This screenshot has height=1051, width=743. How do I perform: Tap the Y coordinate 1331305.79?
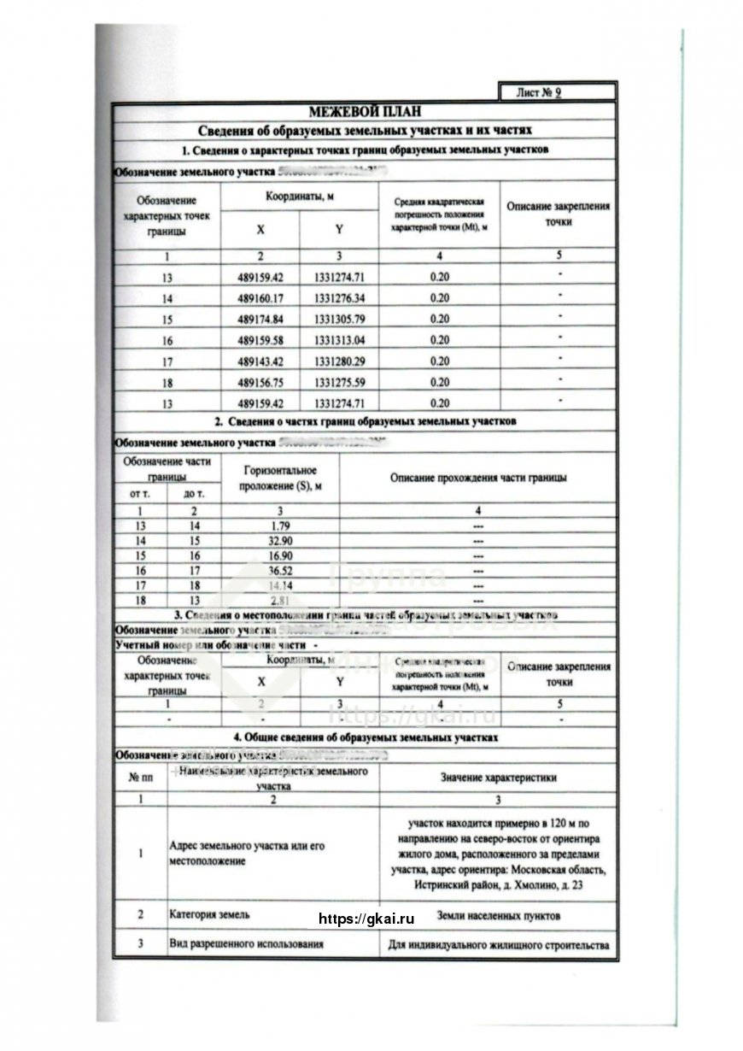[x=339, y=319]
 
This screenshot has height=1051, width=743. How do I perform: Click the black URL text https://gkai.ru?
[x=366, y=919]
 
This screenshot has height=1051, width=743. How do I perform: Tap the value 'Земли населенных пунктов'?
[x=499, y=915]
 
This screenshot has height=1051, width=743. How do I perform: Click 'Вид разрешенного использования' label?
[x=248, y=945]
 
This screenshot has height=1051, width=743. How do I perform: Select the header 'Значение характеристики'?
[x=499, y=778]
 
